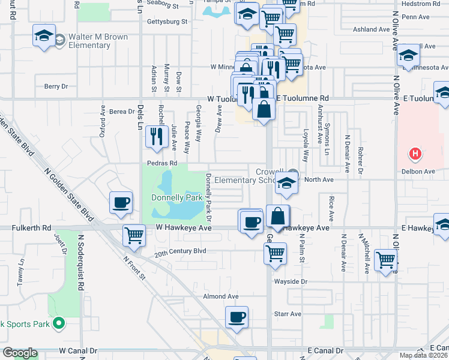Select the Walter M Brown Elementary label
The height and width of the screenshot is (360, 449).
tap(98, 41)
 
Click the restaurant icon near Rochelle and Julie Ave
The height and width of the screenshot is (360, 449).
tap(157, 136)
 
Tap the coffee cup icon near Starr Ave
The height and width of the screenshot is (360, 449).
tap(237, 317)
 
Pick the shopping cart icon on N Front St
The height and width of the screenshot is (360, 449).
tap(133, 235)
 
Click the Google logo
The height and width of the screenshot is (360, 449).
tap(19, 353)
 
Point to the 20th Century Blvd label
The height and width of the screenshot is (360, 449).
tap(180, 251)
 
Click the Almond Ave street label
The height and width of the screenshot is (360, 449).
tap(221, 296)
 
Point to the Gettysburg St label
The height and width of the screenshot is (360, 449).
tap(167, 22)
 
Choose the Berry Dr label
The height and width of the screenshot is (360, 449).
tap(57, 86)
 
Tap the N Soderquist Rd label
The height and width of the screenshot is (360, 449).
tap(80, 262)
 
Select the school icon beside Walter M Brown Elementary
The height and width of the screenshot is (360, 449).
tap(45, 35)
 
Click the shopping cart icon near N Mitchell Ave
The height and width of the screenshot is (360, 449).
tap(385, 260)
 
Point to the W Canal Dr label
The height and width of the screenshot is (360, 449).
tap(78, 350)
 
